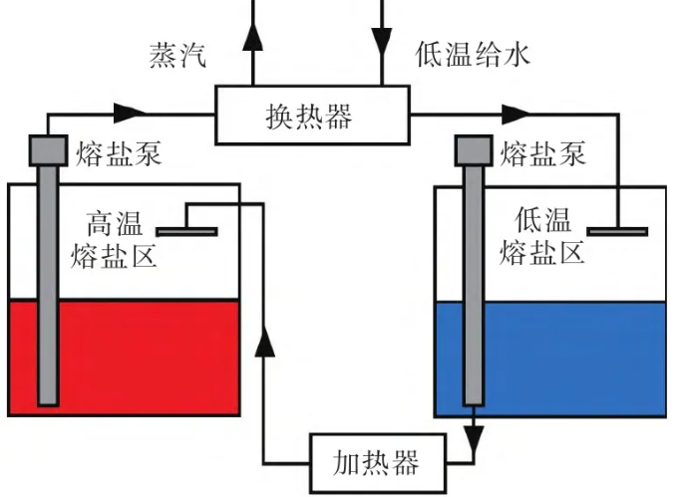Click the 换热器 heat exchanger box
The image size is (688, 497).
click(x=314, y=115)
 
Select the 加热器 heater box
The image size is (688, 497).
click(x=377, y=461)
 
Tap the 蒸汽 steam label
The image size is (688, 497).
click(x=178, y=55)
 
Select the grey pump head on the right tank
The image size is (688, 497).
click(x=474, y=149)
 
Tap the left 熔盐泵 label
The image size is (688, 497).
click(x=118, y=153)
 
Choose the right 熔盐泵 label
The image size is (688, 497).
click(x=544, y=153)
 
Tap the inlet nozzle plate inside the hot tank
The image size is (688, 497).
click(x=186, y=232)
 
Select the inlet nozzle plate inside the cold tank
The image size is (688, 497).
click(x=617, y=232)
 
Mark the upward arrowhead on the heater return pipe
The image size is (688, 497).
click(x=264, y=345)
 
